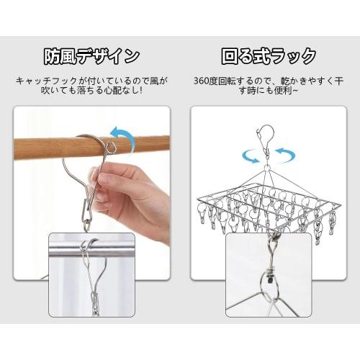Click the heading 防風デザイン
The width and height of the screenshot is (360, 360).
(91, 56)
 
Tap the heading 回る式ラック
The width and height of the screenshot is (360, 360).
(269, 56)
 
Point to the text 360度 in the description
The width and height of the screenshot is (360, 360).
(207, 81)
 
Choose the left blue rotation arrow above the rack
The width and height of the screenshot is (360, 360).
(249, 155)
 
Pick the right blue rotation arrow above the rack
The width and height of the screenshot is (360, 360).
(285, 155)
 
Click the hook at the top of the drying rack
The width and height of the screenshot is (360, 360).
(266, 137)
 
